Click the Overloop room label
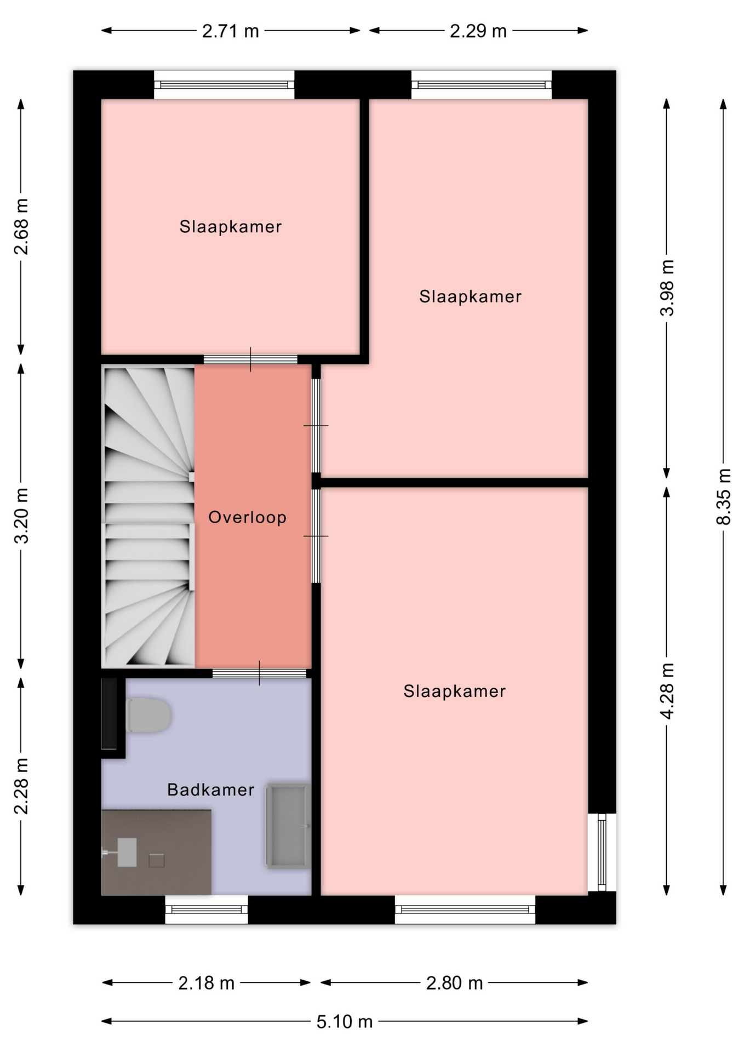pos(247,517)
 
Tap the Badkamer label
pos(210,790)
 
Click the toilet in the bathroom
pos(148,715)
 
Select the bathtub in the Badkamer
pos(288,826)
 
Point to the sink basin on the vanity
pos(127,852)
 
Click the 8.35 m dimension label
pos(724,496)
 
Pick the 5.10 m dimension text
pos(345,1021)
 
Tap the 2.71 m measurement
pos(231,31)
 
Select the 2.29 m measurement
pos(478,31)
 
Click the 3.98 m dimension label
pos(667,288)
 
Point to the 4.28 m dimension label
pos(667,691)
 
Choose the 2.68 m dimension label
pos(21,227)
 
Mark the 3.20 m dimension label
pos(21,515)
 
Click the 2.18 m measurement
pos(207,983)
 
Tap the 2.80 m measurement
pos(455,983)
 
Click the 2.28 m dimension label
pos(21,786)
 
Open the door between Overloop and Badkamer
pos(259,673)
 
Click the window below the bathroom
pos(207,910)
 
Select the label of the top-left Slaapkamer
pos(231,226)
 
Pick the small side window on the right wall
pos(602,852)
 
